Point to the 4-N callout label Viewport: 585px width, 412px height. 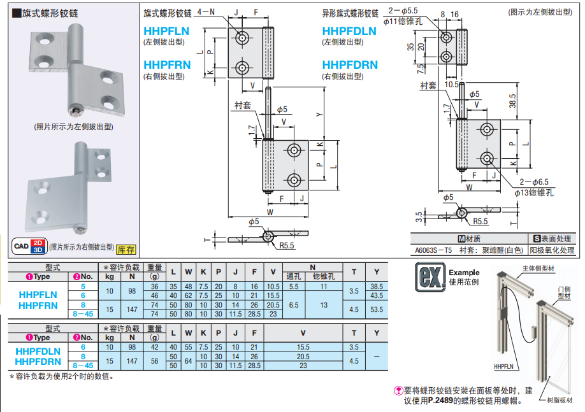206,12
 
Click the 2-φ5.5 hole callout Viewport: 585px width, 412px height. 405,11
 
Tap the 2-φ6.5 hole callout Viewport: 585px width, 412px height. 533,182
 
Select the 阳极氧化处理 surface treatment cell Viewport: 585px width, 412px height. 552,250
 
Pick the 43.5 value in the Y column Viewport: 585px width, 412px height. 376,296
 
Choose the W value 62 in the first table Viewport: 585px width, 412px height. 189,296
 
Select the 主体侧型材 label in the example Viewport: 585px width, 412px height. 538,269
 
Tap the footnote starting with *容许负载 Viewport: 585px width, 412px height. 61,376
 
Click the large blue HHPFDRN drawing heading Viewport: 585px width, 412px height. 350,65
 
